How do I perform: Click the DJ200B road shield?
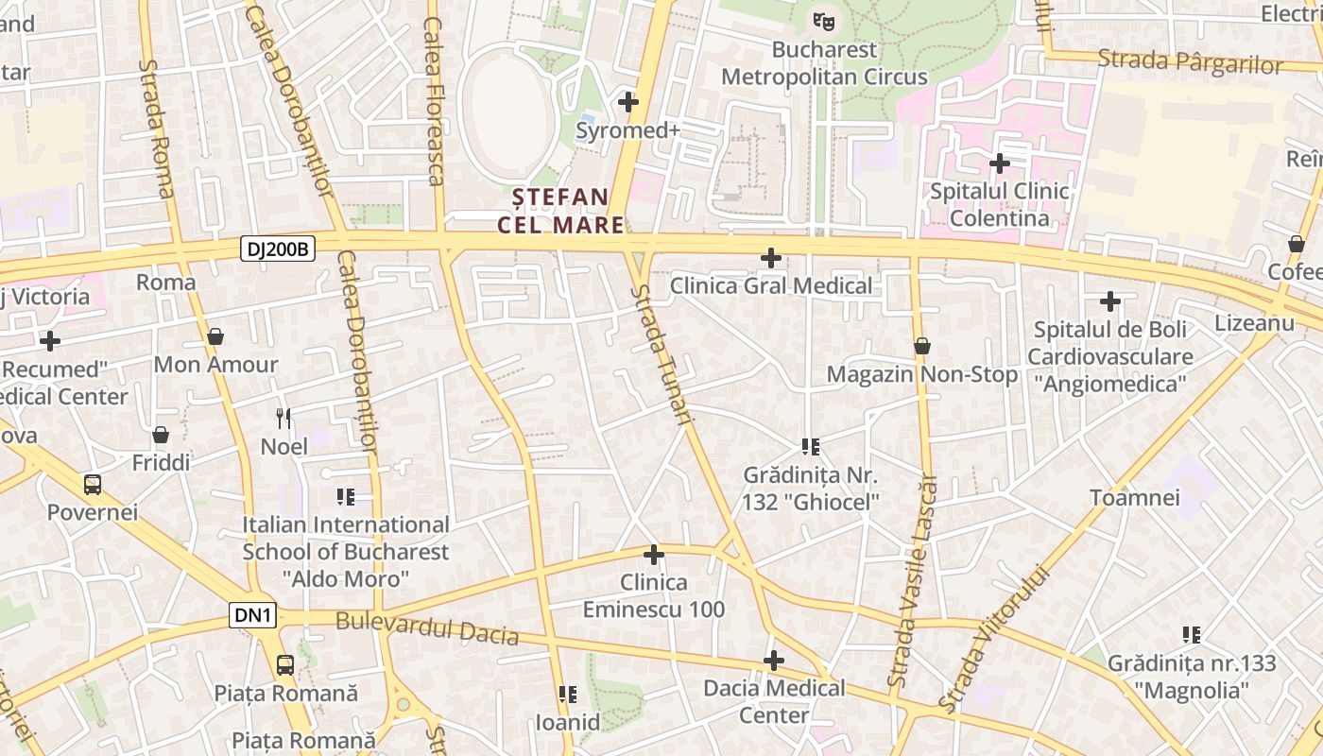(x=277, y=249)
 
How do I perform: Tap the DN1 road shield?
(x=253, y=616)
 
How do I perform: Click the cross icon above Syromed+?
(x=627, y=102)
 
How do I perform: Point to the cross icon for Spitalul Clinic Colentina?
(x=999, y=163)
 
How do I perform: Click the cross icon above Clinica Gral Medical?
(x=771, y=257)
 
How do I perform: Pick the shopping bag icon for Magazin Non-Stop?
(x=922, y=347)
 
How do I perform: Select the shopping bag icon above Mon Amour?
(x=215, y=336)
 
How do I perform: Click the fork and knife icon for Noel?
(x=283, y=418)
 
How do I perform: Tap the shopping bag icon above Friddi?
(x=161, y=435)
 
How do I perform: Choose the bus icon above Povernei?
(x=93, y=485)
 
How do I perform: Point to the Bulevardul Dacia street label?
(x=427, y=627)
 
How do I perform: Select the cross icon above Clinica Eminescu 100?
(x=653, y=555)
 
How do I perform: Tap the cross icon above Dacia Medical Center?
(x=774, y=661)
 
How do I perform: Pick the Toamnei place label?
(x=1135, y=497)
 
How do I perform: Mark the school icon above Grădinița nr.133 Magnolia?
(x=1192, y=635)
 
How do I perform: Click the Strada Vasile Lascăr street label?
(x=912, y=578)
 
